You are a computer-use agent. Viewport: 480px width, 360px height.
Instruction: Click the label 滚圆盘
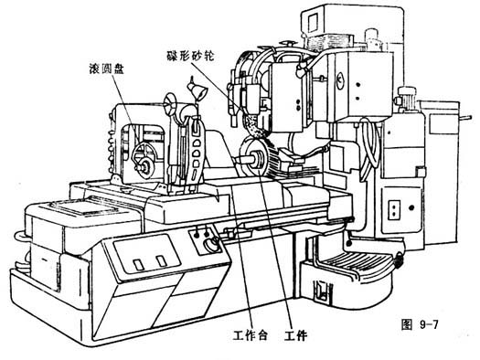tap(106, 68)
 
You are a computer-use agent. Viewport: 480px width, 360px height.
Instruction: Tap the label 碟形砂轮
tap(190, 56)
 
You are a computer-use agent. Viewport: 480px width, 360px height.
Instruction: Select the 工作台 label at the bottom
tap(251, 336)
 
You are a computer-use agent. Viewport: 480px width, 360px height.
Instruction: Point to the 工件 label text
tap(295, 336)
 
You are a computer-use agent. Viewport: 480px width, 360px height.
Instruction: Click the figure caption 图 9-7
tap(420, 324)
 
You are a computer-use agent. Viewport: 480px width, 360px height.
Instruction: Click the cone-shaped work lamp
tap(197, 90)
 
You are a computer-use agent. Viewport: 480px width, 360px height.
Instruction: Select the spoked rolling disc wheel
tap(144, 161)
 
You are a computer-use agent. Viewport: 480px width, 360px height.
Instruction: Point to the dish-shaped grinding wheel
tap(251, 125)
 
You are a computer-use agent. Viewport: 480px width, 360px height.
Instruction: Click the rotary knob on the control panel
tap(211, 244)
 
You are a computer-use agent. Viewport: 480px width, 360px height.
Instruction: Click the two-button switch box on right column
tap(394, 210)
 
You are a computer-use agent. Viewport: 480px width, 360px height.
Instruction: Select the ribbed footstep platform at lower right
tap(355, 264)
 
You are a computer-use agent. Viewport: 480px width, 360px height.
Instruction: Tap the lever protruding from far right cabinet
tap(464, 117)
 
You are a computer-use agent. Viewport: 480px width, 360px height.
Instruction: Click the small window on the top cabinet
tap(314, 23)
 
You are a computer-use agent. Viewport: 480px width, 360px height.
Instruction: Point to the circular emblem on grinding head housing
tap(340, 80)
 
